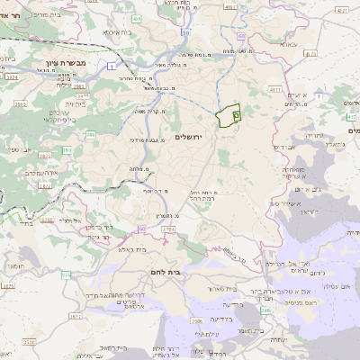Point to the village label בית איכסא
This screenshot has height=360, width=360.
[118, 32]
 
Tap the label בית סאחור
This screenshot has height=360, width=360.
[233, 289]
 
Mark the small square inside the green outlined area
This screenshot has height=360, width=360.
[237, 114]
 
